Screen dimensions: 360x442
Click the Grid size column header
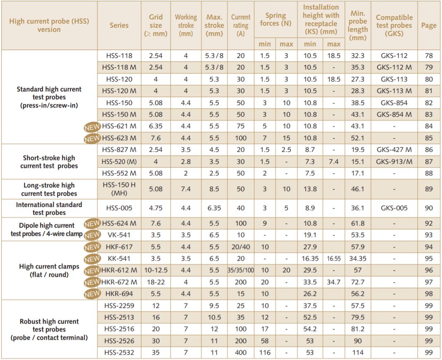click(156, 25)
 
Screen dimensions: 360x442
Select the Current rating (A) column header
click(241, 25)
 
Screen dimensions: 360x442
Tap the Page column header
click(429, 25)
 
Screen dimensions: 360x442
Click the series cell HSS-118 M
click(119, 67)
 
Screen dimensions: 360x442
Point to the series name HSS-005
click(119, 208)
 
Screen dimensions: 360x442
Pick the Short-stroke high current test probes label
click(49, 162)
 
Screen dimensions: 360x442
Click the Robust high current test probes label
click(49, 329)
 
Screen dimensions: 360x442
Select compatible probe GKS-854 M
click(394, 114)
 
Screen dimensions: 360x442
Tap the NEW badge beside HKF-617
click(92, 247)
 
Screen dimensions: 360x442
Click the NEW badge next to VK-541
click(92, 235)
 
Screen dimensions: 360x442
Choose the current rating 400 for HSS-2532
click(241, 353)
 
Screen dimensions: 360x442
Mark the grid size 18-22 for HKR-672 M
click(156, 282)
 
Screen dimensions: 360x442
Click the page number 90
click(429, 208)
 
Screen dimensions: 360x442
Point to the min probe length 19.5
click(358, 150)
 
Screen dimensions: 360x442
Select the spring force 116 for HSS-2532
click(265, 353)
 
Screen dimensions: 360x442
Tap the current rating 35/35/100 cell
click(241, 271)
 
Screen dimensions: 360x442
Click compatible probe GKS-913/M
click(394, 161)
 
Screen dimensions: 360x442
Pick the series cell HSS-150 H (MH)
click(119, 189)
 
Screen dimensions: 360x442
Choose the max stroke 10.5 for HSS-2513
click(215, 317)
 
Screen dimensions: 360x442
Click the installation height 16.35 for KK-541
click(310, 259)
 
